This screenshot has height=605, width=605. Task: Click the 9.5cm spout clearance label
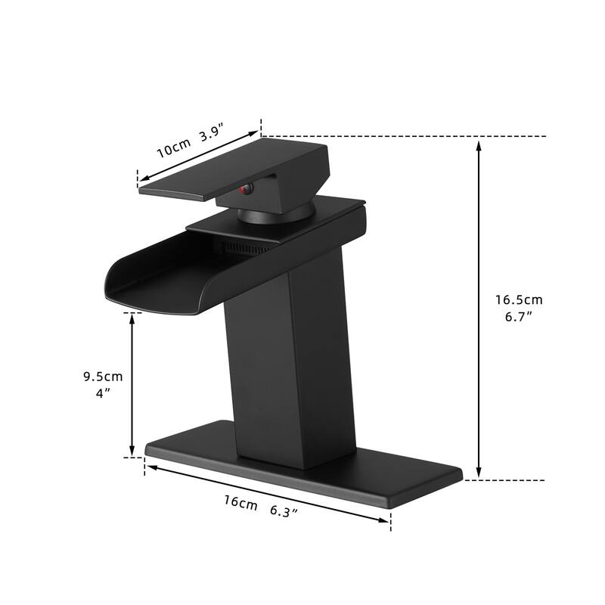point(103,376)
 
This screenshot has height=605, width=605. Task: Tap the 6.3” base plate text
point(284,512)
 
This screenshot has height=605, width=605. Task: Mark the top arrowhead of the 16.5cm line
point(479,144)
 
